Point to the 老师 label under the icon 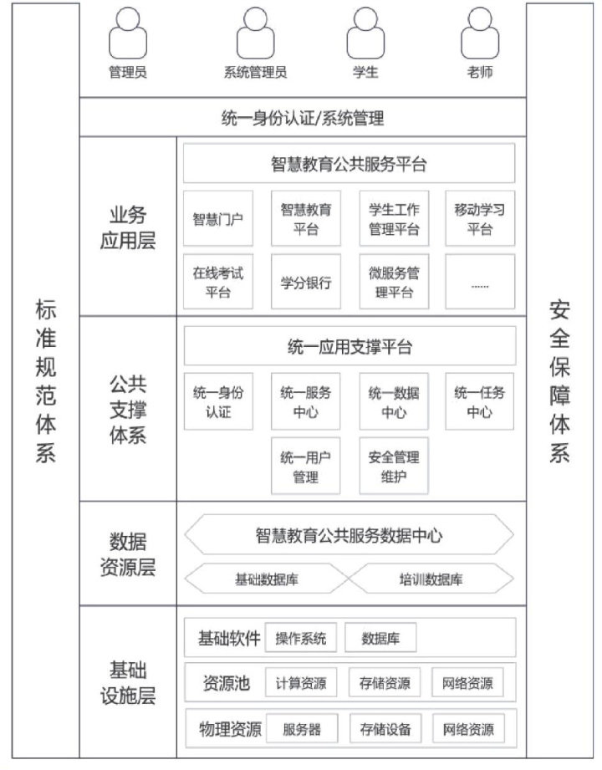tap(480, 72)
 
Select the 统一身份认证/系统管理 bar tap(303, 118)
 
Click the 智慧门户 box tap(218, 220)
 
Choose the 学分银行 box tap(306, 282)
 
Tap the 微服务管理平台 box tap(394, 282)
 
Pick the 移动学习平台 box tap(480, 219)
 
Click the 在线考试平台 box tap(218, 282)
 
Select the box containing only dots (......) tap(480, 282)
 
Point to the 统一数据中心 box tap(394, 401)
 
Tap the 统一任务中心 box tap(480, 401)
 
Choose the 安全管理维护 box tap(394, 467)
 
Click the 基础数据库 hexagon tap(264, 579)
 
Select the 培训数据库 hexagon tap(431, 579)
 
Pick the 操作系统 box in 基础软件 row tap(301, 640)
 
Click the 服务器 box tap(301, 729)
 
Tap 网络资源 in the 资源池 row tap(468, 683)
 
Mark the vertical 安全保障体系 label tap(559, 380)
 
